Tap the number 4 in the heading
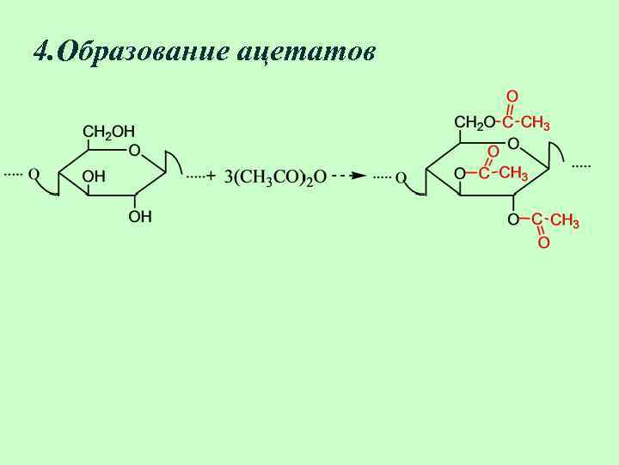point(40,52)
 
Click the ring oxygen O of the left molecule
point(134,151)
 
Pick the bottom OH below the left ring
point(140,217)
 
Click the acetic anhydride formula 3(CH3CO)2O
point(275,177)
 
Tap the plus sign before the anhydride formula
point(211,176)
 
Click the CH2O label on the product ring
point(475,122)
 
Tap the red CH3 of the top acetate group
point(536,122)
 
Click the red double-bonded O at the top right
point(512,96)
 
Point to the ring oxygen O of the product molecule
point(512,143)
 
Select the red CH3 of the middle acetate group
point(513,173)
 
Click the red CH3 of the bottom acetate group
point(564,221)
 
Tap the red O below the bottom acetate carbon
point(542,244)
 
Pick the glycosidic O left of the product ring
point(401,177)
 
